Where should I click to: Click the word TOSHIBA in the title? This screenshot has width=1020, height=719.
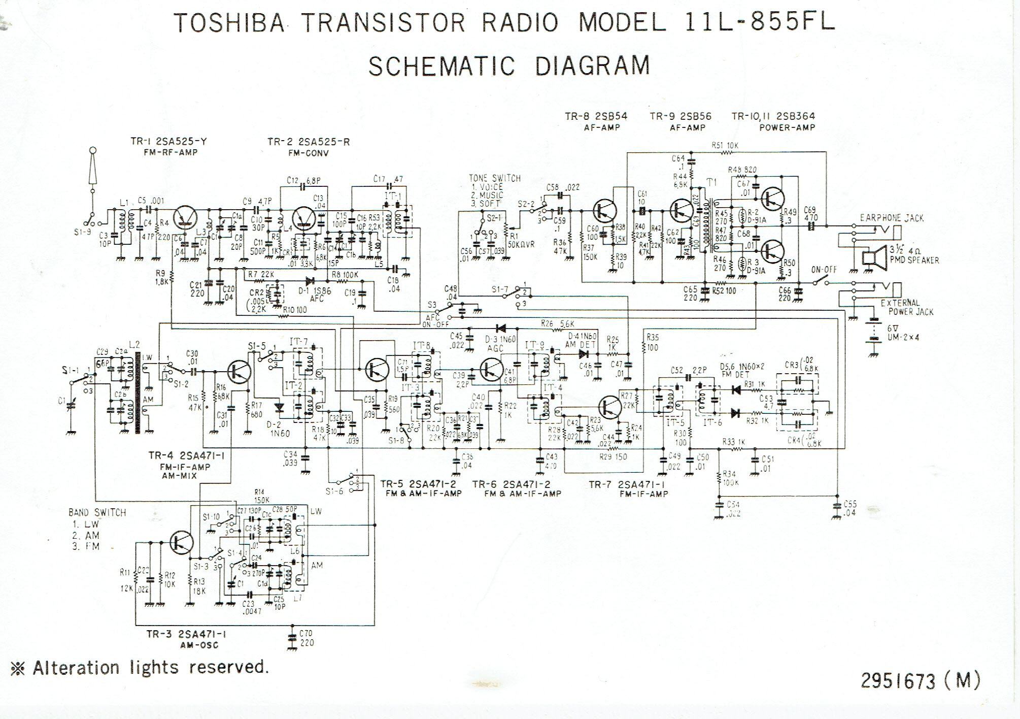tap(228, 23)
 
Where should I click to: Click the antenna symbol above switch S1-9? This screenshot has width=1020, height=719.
tap(92, 168)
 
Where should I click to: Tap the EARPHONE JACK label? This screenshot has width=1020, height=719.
tap(892, 218)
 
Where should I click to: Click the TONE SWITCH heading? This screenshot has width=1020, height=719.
tap(495, 178)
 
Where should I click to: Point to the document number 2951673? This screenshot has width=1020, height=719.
tap(897, 680)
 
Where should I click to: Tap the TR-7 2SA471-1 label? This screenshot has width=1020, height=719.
tap(628, 484)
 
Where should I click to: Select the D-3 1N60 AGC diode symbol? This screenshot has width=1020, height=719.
tap(501, 329)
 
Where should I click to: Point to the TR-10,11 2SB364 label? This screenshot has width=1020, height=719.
tap(773, 116)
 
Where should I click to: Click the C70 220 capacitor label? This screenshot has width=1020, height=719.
tap(306, 638)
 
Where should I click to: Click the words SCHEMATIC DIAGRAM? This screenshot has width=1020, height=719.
tap(509, 66)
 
